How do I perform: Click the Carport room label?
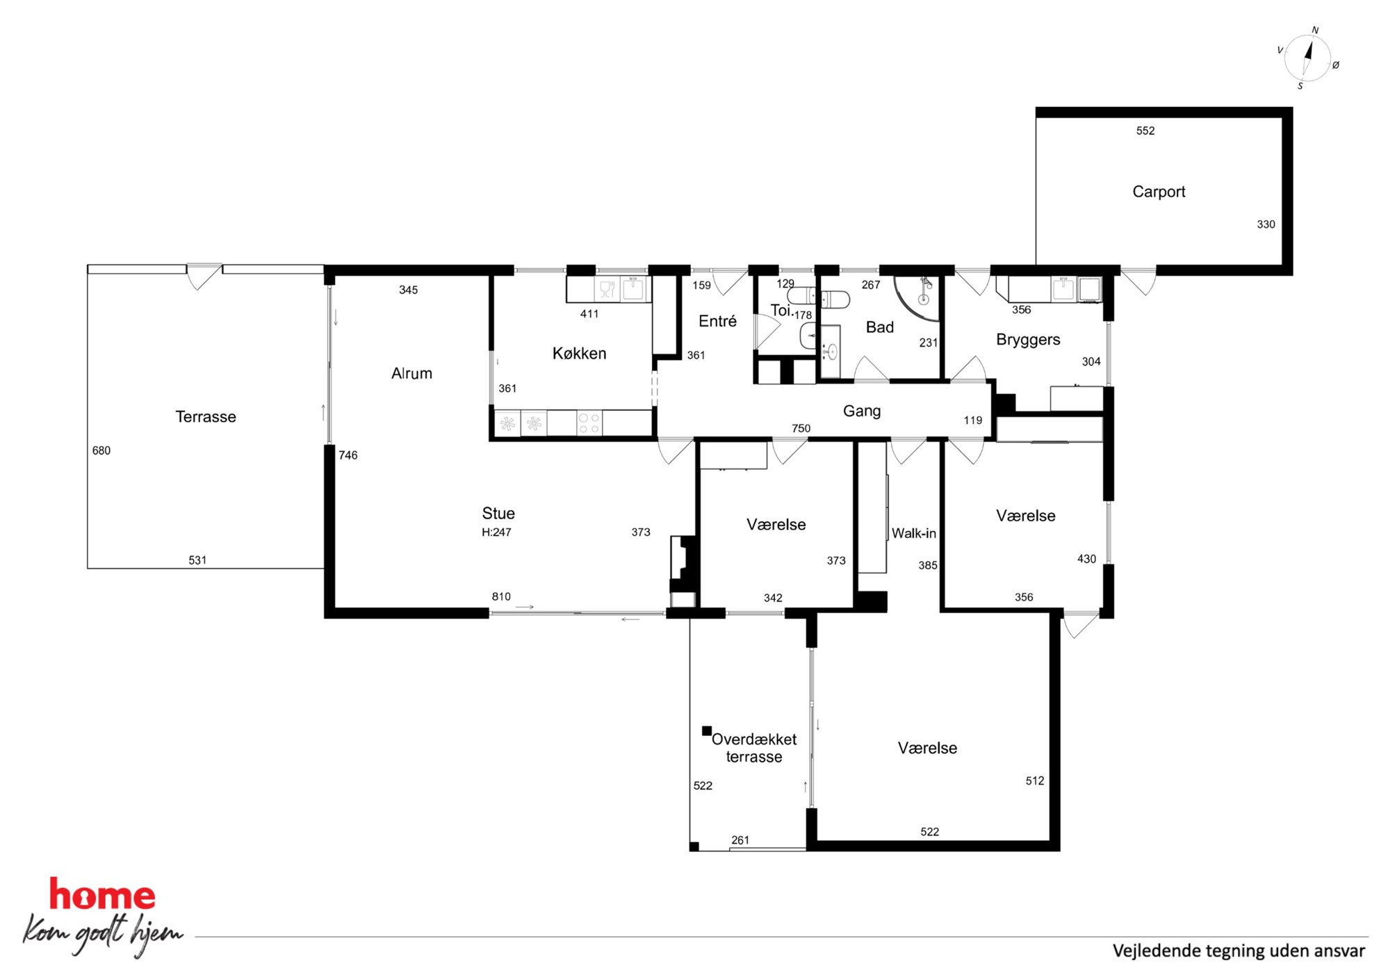(x=1159, y=192)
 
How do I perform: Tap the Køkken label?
(x=579, y=354)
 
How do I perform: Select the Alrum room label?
(x=411, y=373)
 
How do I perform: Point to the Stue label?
(x=498, y=514)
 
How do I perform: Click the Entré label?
(x=717, y=321)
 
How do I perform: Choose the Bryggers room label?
(x=1028, y=340)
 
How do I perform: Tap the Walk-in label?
(x=913, y=533)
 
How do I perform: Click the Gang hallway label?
(x=862, y=411)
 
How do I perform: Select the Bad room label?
(x=879, y=327)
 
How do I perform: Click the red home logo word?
(x=102, y=894)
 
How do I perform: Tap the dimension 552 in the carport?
(x=1145, y=131)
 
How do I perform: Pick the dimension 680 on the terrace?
(x=101, y=450)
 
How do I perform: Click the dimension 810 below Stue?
(x=501, y=596)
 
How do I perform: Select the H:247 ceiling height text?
(x=496, y=532)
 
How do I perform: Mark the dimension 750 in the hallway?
(x=801, y=428)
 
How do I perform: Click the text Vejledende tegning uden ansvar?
(x=1239, y=951)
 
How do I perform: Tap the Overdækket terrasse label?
(x=754, y=748)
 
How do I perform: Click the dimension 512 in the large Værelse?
(x=1035, y=780)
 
